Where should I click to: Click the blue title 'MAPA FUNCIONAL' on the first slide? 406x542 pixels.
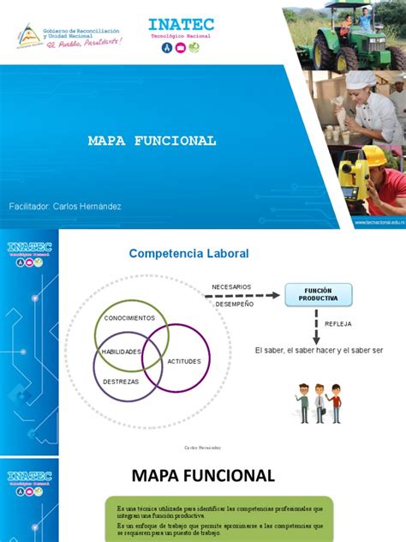coord(152,141)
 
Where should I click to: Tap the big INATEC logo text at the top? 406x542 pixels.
coord(181,25)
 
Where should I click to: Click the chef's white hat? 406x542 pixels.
coord(361,80)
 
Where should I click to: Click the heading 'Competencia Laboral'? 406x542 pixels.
coord(188,254)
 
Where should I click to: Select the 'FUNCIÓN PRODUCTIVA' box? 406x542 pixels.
coord(318,295)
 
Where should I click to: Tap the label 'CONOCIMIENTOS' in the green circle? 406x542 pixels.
coord(129,318)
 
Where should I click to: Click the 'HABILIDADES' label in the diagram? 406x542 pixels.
coord(121,352)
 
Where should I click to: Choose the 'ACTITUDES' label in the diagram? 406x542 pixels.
coord(184,361)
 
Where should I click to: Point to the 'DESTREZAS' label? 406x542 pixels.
coord(121,381)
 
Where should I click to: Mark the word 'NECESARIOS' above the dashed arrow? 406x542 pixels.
coord(231,286)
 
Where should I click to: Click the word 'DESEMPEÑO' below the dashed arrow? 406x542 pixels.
coord(234,304)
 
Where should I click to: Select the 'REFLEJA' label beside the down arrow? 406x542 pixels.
coord(338,323)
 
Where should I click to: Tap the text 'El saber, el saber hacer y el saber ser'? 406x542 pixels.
coord(319,352)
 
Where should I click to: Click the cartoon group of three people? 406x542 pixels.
coord(319,402)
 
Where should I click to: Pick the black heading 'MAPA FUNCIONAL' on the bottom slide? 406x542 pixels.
coord(203,475)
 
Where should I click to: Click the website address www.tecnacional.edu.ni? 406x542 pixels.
coord(379,221)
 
